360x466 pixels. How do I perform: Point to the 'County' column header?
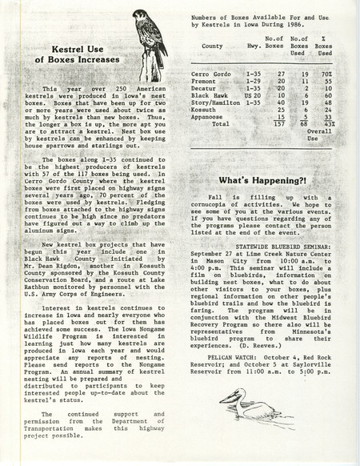[x=212, y=46]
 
